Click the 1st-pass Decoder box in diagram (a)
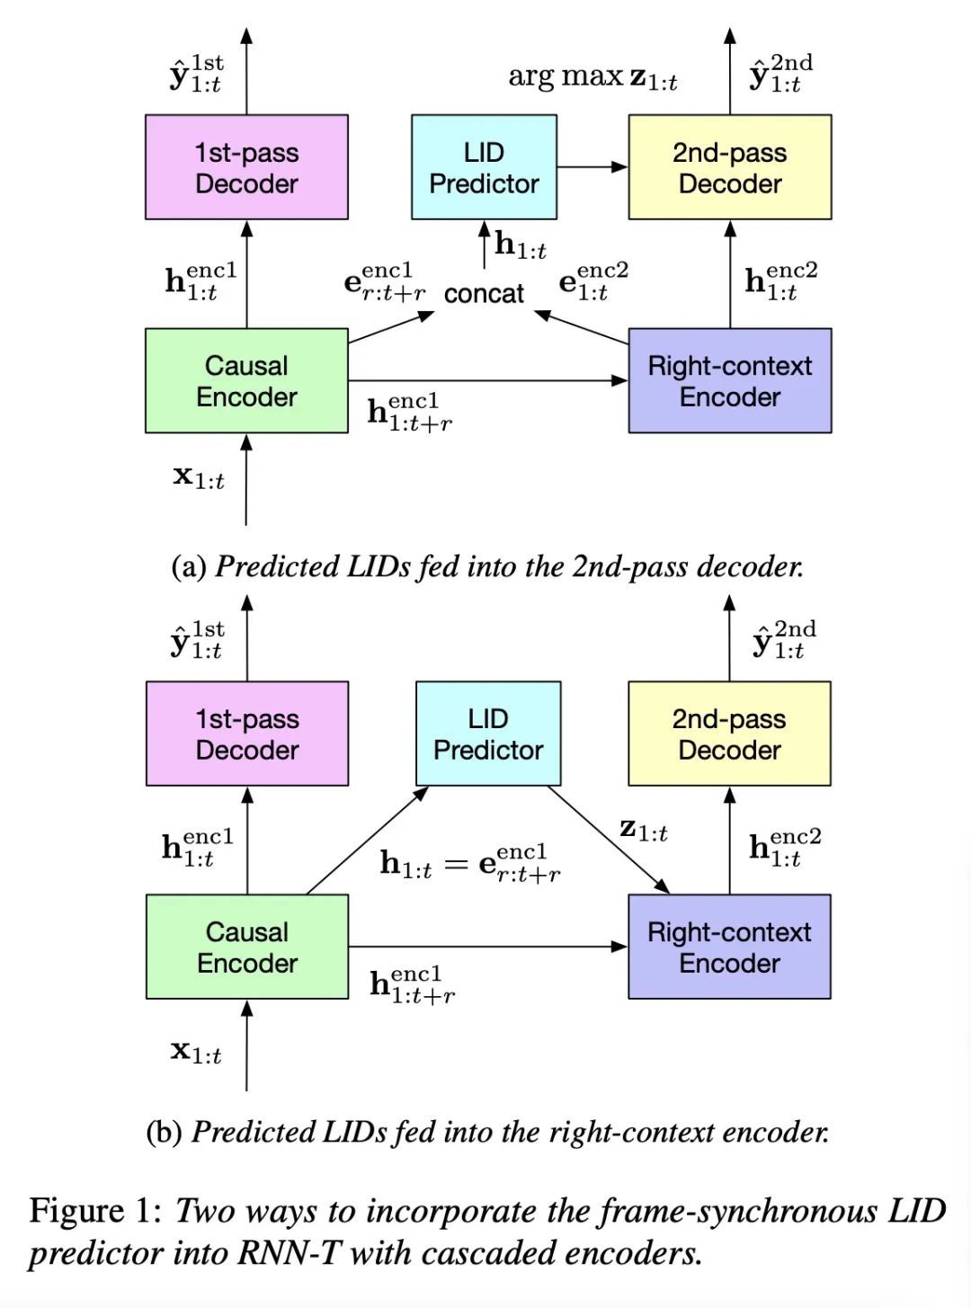pos(246,167)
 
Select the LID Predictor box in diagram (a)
pos(484,167)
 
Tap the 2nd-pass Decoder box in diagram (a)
pos(730,167)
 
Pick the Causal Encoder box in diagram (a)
pos(246,380)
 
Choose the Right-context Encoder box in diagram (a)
pos(730,380)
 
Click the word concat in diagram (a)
pos(484,294)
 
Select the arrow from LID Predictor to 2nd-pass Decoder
pos(592,167)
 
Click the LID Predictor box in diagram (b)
pos(488,734)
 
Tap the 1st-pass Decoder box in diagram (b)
pos(247,734)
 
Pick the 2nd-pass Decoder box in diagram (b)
pos(729,734)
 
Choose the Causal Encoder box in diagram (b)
pos(247,947)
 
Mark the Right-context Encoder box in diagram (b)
pos(729,947)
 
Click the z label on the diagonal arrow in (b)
pos(644,830)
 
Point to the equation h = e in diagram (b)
pos(470,863)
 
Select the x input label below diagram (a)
pos(198,476)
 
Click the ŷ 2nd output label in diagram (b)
pos(784,640)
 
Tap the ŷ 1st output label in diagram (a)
pos(196,75)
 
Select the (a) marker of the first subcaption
pos(189,566)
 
